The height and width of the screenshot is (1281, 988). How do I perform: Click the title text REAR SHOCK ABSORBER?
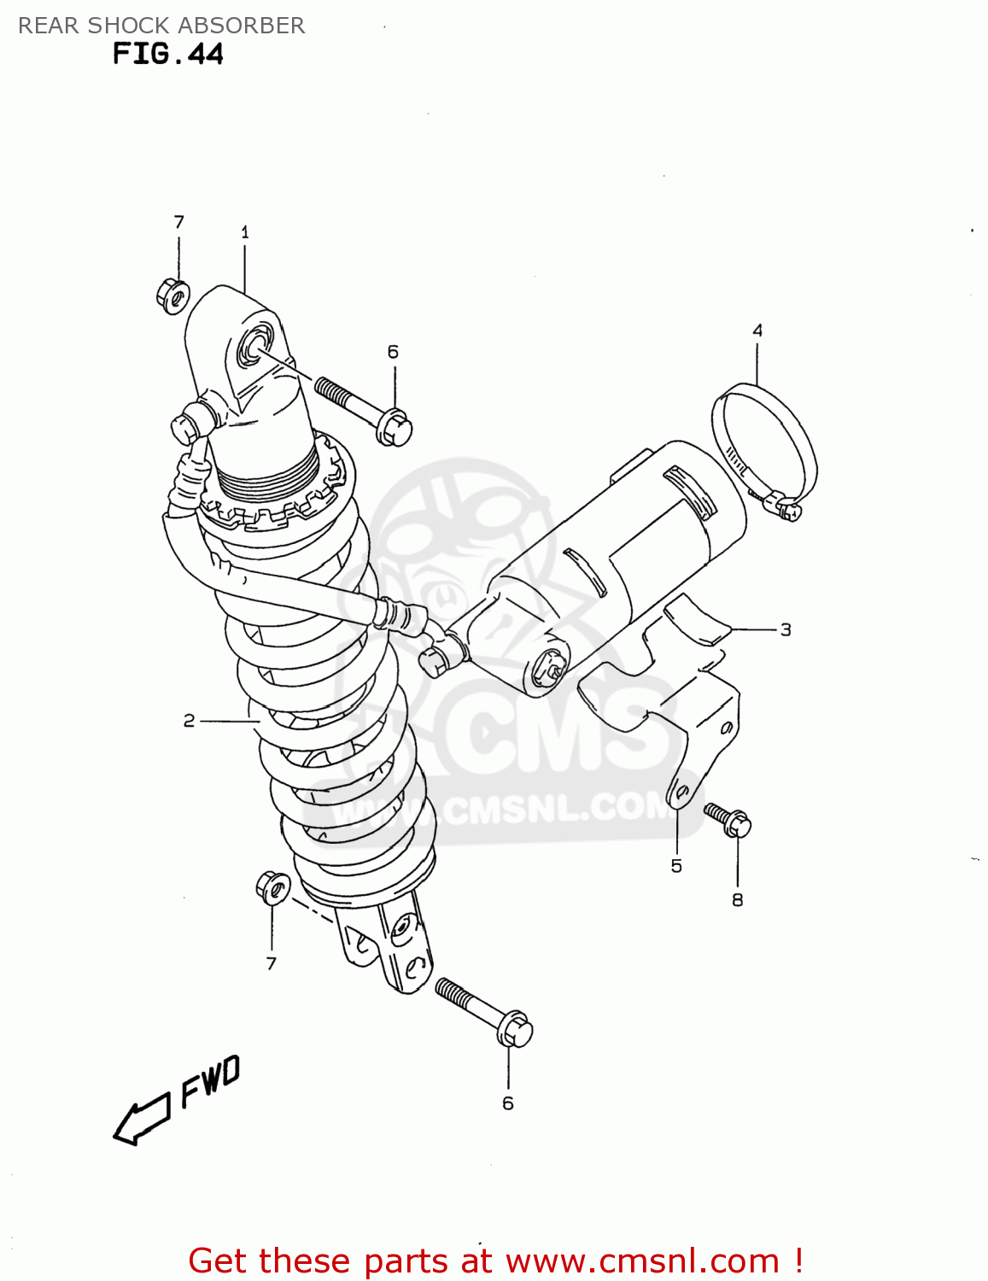coord(161,26)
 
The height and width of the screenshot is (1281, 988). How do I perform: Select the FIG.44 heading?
coord(167,54)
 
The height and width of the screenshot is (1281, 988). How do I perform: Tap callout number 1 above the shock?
coord(245,232)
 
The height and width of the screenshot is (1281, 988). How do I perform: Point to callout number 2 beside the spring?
coord(190,721)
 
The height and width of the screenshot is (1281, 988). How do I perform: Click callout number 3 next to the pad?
coord(786,629)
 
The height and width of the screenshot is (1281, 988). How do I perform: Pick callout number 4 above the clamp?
coord(757,330)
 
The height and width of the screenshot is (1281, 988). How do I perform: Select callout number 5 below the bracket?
coord(676,866)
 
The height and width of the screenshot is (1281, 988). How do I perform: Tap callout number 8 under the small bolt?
coord(738,899)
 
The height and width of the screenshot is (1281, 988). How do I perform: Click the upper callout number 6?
coord(393,352)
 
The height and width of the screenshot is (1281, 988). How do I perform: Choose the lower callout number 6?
coord(508,1103)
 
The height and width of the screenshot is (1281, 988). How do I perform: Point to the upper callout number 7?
coord(178,222)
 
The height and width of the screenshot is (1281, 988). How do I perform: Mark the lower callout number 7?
coord(272,963)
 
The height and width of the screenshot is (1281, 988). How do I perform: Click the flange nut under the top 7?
coord(172,295)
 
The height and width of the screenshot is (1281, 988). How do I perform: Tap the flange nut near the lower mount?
coord(272,887)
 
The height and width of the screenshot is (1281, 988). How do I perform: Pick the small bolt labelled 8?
coord(728,819)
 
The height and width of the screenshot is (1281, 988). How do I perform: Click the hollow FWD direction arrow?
coord(142,1120)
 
